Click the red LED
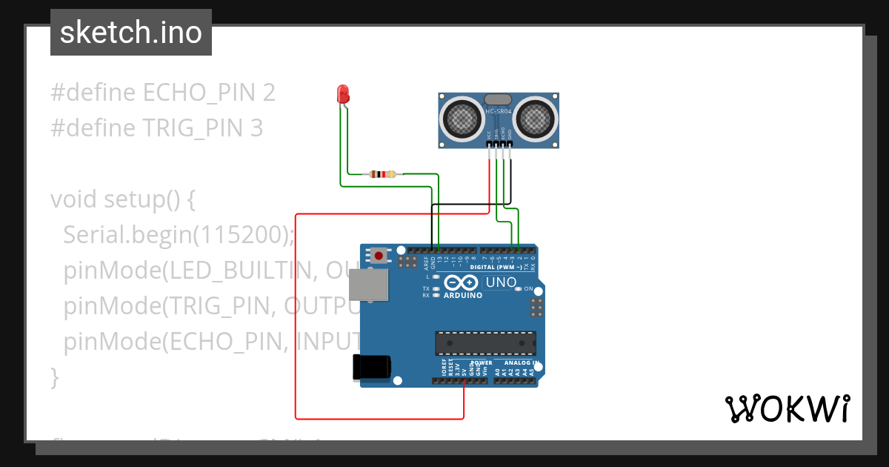pos(343,94)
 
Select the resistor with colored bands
pos(382,175)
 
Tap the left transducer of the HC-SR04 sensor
pos(462,116)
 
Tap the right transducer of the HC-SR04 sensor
pos(536,116)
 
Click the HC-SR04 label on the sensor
pos(499,112)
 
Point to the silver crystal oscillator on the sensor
pos(499,99)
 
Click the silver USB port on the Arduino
pos(368,285)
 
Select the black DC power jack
pos(371,367)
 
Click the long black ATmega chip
pos(485,343)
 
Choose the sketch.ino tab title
pos(131,33)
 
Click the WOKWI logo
pos(787,408)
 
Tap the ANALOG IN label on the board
pos(521,363)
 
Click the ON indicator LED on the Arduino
pos(519,289)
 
